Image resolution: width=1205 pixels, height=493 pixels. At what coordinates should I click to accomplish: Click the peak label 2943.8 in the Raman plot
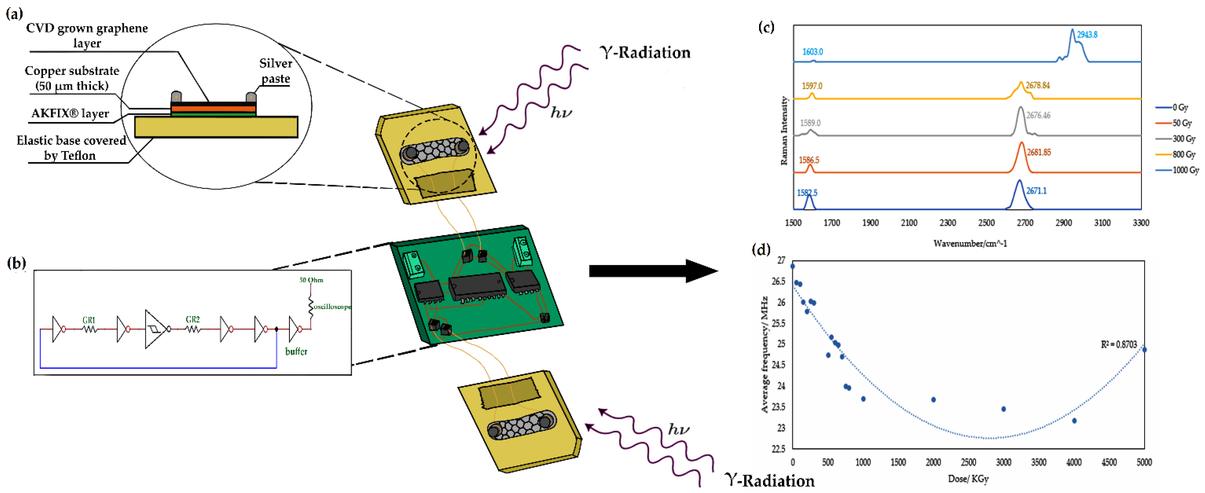(x=1087, y=35)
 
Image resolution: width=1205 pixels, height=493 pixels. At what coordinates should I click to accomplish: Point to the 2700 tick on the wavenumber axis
(x=1024, y=223)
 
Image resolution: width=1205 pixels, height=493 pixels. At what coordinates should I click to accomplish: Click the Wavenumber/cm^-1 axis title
(x=970, y=243)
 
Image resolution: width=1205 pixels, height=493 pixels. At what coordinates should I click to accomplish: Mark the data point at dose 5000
(x=1144, y=349)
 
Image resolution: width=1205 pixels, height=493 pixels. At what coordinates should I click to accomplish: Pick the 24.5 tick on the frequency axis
(x=778, y=365)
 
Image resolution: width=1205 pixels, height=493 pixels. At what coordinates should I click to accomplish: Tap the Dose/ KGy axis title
(x=968, y=479)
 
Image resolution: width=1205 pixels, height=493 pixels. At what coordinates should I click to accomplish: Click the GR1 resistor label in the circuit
(x=89, y=320)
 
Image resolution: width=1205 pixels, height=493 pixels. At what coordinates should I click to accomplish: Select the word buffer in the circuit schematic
(x=296, y=351)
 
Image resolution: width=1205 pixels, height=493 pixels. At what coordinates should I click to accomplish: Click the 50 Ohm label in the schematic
(x=311, y=280)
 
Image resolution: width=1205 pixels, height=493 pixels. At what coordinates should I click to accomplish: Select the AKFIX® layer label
(x=70, y=113)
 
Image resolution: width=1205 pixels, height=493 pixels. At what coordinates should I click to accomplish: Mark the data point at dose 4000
(x=1074, y=421)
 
